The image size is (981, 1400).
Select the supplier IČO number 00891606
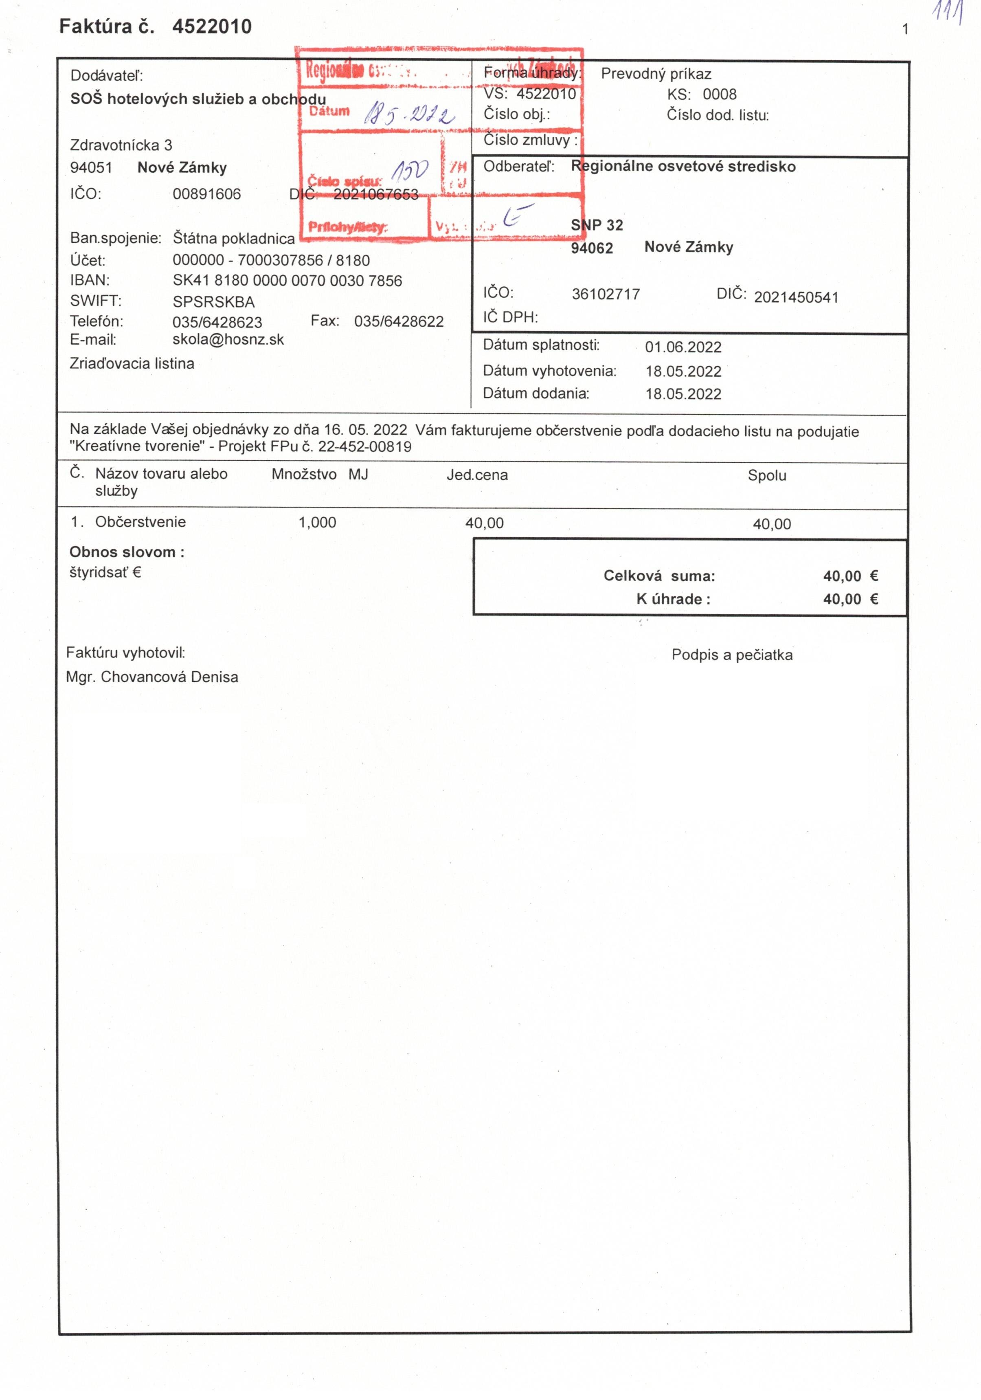[207, 194]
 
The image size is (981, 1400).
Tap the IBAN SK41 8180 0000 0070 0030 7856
[287, 281]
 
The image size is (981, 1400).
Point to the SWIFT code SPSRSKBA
[213, 302]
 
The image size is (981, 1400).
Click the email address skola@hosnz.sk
[228, 340]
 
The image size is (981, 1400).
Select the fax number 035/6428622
[399, 321]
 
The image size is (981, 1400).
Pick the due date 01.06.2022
[683, 347]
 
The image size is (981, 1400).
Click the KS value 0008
[720, 95]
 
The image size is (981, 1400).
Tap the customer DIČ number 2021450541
[796, 298]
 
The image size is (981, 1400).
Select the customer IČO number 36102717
[606, 295]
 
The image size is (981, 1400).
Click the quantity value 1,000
[317, 523]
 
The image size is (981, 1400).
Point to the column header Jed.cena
[477, 475]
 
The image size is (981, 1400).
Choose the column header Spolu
[766, 476]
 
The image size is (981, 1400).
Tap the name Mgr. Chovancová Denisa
[152, 677]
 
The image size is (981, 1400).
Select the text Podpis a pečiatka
[732, 655]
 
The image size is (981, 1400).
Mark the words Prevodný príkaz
[656, 74]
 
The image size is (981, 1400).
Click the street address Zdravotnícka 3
[121, 145]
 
